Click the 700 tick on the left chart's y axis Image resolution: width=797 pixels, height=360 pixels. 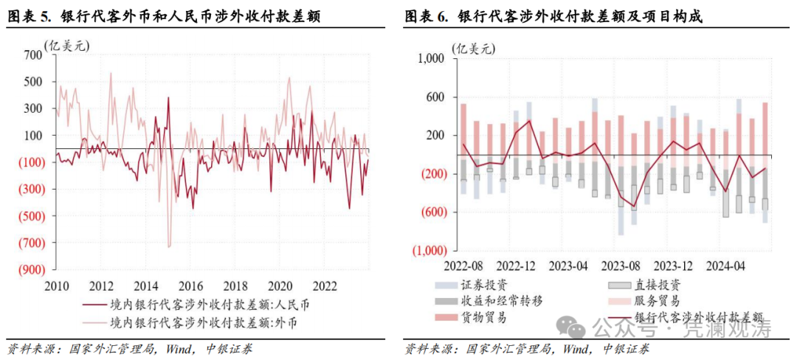coord(33,55)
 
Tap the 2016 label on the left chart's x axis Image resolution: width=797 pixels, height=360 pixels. coord(190,285)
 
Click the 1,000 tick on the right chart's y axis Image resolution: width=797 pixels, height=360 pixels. coord(430,59)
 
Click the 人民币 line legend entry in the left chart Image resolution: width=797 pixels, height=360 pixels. coord(199,304)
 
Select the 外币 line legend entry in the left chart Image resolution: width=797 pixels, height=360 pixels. coord(199,322)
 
